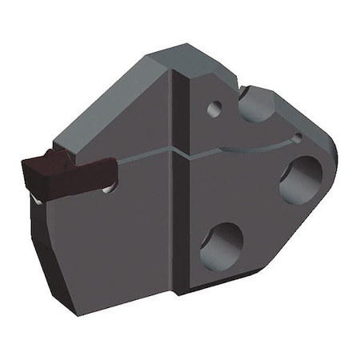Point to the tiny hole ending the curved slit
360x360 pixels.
(297, 138)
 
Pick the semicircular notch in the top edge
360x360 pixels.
(254, 102)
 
